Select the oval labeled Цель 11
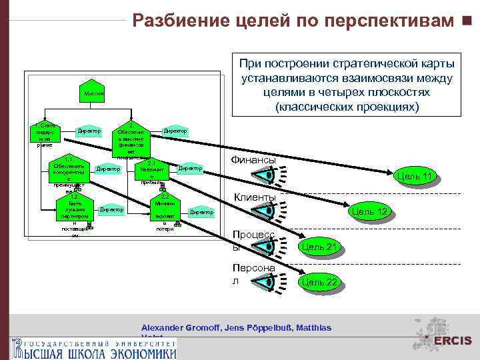[415, 176]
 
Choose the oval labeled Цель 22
[321, 282]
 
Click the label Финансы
[253, 160]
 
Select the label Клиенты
[255, 198]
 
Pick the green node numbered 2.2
[165, 213]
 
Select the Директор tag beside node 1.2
[111, 211]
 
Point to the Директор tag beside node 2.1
[190, 169]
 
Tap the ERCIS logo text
[453, 341]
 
